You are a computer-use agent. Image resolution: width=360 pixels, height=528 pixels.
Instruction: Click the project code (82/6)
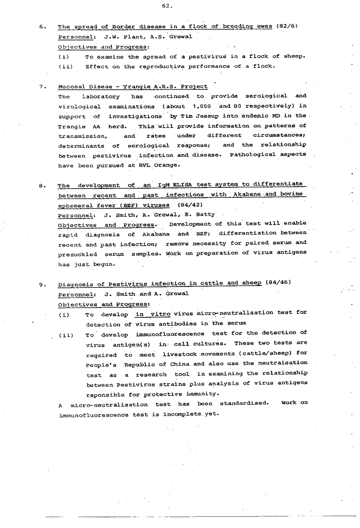pos(286,26)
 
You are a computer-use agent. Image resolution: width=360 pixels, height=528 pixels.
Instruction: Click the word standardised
pos(244,403)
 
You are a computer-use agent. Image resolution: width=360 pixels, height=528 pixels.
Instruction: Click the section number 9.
pos(41,285)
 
